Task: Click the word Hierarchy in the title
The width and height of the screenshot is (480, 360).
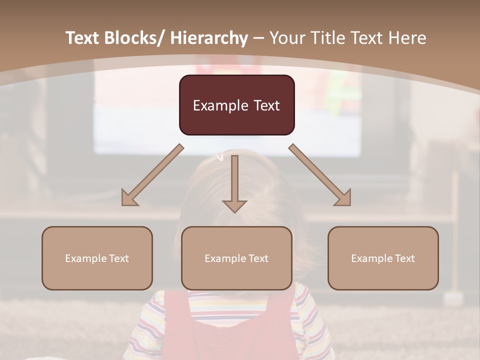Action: [209, 38]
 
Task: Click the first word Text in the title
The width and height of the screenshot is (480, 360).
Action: [83, 38]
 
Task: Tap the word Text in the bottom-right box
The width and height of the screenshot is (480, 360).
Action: [404, 258]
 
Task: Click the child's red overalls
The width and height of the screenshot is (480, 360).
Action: [230, 330]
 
